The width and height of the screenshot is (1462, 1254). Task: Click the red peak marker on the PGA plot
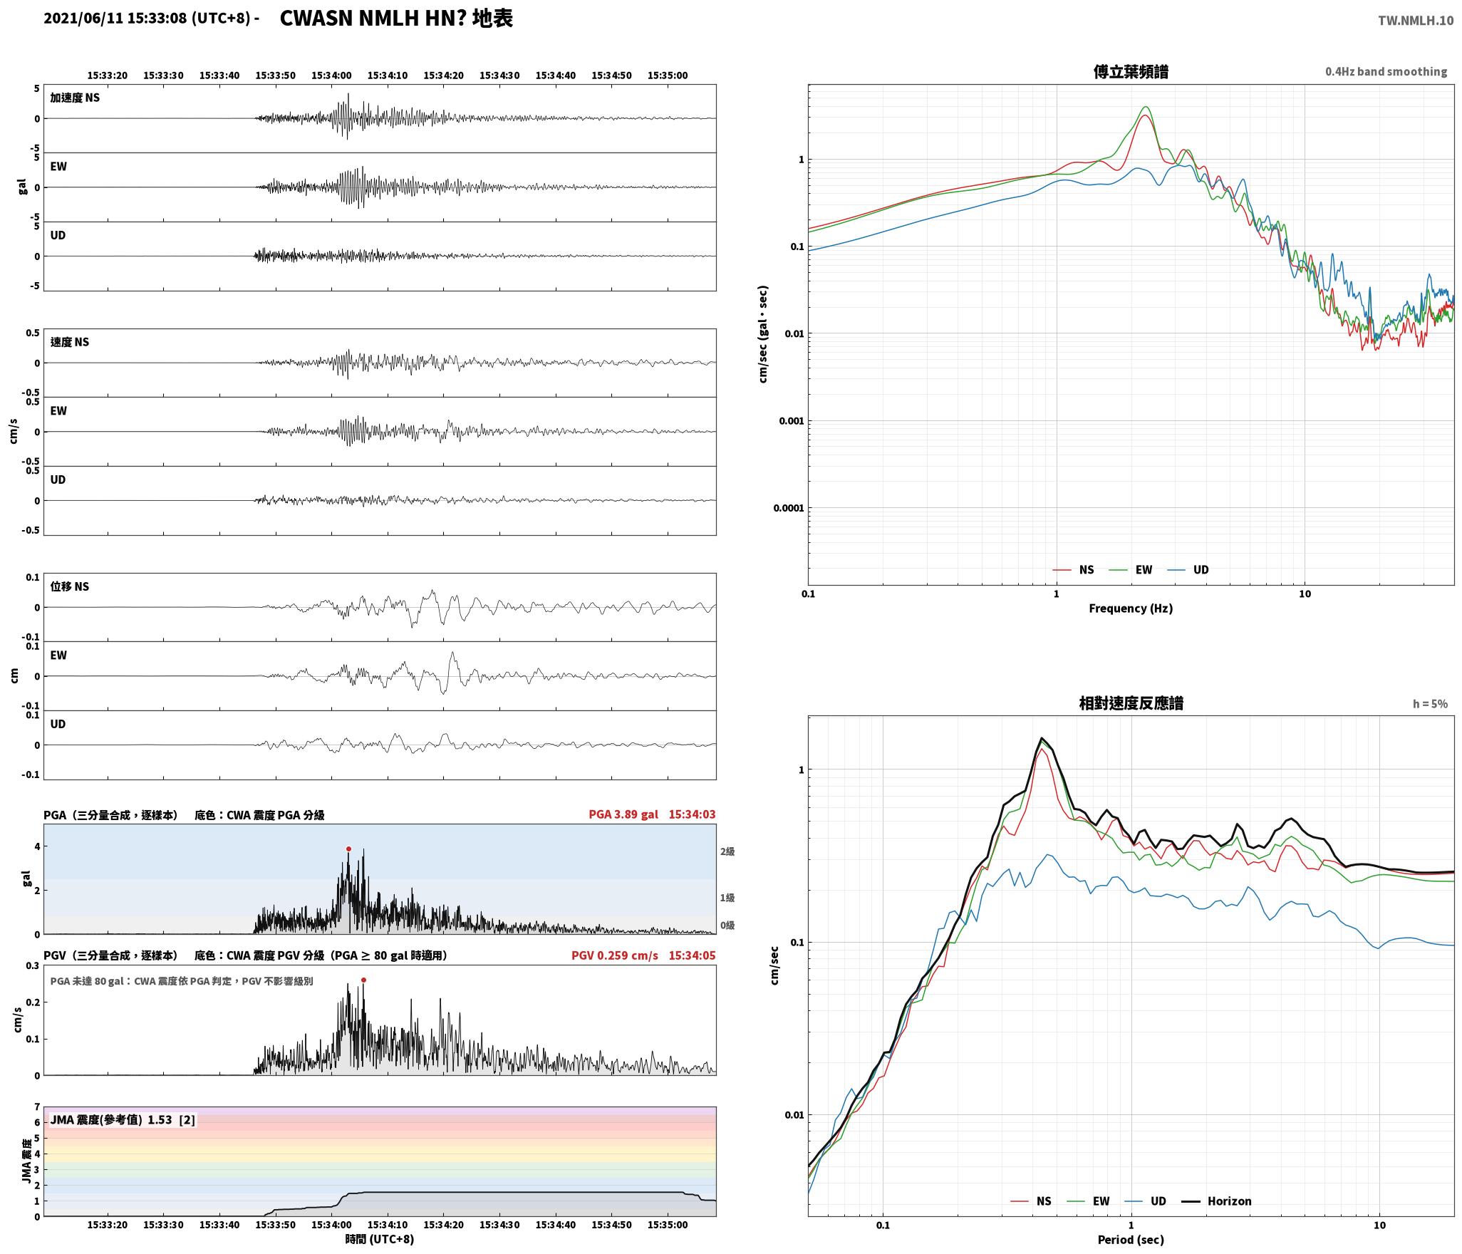pos(348,849)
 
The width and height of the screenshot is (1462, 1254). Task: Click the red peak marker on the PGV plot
pos(363,980)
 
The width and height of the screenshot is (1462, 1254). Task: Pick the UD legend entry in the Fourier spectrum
pos(1188,569)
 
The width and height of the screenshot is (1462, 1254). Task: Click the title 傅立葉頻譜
pos(1131,71)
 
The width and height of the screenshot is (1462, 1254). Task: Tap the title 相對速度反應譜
pos(1131,703)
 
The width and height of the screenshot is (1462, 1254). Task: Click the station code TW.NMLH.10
pos(1416,20)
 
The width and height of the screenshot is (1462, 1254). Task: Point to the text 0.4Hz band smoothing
pos(1386,71)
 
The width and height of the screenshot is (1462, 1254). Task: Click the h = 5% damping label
pos(1430,703)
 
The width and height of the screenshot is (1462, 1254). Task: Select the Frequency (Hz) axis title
pos(1131,608)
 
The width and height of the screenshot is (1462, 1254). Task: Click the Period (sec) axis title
pos(1131,1239)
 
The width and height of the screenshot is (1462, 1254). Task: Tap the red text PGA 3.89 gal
pos(623,814)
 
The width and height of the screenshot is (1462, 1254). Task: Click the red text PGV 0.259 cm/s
pos(615,955)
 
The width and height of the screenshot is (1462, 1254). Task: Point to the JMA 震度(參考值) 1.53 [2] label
pos(123,1119)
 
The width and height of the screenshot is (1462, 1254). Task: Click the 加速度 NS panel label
pos(75,98)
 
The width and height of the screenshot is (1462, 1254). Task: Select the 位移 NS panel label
pos(70,586)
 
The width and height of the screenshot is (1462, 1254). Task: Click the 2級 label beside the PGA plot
pos(727,851)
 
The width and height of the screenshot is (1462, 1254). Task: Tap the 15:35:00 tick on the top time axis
pos(668,75)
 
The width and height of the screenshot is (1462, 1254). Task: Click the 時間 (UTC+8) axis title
pos(380,1238)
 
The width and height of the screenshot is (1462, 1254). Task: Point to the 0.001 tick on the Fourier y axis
pos(791,420)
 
